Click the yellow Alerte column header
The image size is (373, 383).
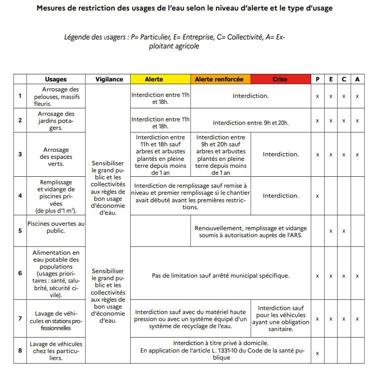pos(160,79)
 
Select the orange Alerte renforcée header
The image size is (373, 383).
pos(220,79)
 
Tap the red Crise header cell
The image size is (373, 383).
pos(280,79)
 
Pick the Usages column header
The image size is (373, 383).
pos(55,79)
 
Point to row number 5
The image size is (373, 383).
pos(20,231)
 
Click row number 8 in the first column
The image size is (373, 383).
pos(20,350)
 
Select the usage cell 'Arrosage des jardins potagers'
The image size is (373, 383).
pos(55,120)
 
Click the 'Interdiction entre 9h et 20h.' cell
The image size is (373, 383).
pos(250,122)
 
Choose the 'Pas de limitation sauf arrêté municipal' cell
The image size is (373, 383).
pos(220,275)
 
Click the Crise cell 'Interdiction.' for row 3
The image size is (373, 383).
pos(280,154)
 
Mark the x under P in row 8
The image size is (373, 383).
pos(317,353)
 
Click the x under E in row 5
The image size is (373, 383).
pos(331,231)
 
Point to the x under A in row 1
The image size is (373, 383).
pos(357,96)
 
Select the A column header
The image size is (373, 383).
pos(357,79)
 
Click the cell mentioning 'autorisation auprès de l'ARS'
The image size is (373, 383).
pos(250,231)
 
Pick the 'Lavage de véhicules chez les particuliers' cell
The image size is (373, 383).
pos(55,351)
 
